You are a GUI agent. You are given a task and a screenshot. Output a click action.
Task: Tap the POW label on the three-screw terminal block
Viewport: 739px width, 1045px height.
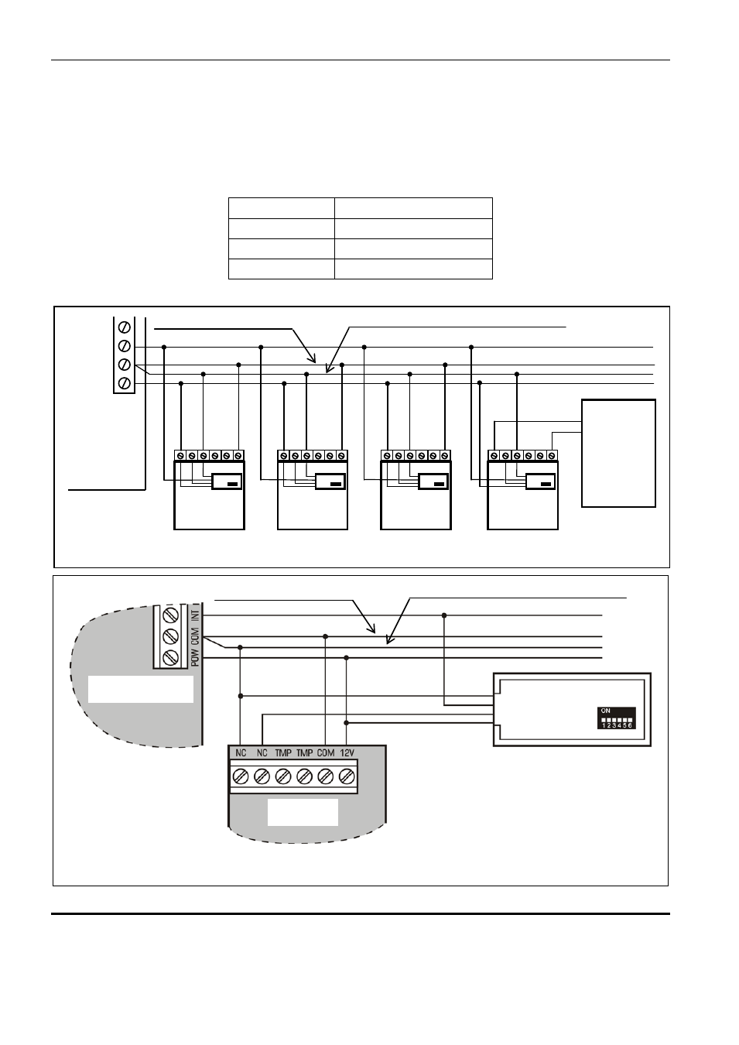pyautogui.click(x=195, y=657)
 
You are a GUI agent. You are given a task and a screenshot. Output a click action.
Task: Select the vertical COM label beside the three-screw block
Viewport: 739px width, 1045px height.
pyautogui.click(x=195, y=636)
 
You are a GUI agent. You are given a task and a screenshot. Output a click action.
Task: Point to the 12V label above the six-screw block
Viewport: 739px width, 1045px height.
pyautogui.click(x=347, y=753)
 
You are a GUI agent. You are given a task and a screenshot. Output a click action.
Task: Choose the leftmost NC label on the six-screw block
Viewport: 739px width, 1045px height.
pyautogui.click(x=241, y=753)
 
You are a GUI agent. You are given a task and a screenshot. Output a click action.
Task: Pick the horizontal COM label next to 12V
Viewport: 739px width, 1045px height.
pyautogui.click(x=326, y=753)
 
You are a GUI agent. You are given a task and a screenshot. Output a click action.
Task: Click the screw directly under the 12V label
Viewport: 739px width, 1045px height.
pyautogui.click(x=347, y=776)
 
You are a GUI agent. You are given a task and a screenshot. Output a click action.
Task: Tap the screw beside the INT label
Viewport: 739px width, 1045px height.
pyautogui.click(x=171, y=615)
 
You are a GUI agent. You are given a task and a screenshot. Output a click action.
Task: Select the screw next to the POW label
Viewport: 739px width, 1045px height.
pyautogui.click(x=171, y=657)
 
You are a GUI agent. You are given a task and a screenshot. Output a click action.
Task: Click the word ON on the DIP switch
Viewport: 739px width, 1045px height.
pyautogui.click(x=606, y=711)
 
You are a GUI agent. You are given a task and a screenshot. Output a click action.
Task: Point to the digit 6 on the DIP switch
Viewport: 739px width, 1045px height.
pyautogui.click(x=630, y=726)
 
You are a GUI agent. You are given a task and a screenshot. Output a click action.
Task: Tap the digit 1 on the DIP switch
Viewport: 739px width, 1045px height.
pyautogui.click(x=604, y=726)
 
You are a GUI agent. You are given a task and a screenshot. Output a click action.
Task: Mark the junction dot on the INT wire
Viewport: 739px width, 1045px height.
pyautogui.click(x=444, y=615)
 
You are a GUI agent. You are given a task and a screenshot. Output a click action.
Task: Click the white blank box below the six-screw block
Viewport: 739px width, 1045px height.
pyautogui.click(x=303, y=812)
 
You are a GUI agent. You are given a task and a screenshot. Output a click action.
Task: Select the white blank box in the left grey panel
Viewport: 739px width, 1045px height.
pyautogui.click(x=141, y=689)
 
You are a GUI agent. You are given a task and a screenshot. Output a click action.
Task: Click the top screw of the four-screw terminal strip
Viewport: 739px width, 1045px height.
pyautogui.click(x=125, y=327)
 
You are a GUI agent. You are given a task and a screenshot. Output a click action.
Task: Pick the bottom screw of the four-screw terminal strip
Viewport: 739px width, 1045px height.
pyautogui.click(x=125, y=383)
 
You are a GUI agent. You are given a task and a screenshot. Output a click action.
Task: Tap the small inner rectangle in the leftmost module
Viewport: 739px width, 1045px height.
pyautogui.click(x=227, y=481)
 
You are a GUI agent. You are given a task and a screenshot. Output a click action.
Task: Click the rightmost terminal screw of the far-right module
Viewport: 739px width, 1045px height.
pyautogui.click(x=552, y=455)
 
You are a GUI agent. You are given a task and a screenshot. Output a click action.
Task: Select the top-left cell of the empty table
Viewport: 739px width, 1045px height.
pyautogui.click(x=282, y=208)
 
